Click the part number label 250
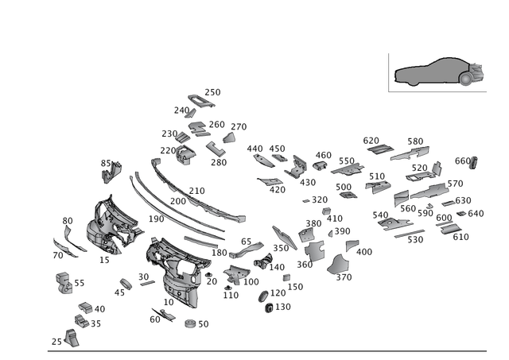click(x=212, y=92)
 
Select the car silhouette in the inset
click(x=438, y=72)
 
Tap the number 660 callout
click(x=463, y=161)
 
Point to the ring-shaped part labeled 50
click(x=190, y=323)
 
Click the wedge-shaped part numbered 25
click(x=72, y=338)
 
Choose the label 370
click(x=344, y=277)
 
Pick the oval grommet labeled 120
click(x=263, y=296)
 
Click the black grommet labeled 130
click(x=269, y=308)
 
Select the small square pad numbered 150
click(x=286, y=277)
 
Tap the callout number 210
click(x=196, y=191)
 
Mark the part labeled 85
click(x=111, y=172)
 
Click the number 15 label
click(x=104, y=260)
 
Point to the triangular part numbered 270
click(x=229, y=137)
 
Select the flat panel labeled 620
click(x=380, y=149)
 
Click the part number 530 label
click(x=415, y=240)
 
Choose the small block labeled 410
click(x=326, y=211)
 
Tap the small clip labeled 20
click(x=208, y=275)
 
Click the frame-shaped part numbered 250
click(x=201, y=101)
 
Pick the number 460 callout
click(x=324, y=155)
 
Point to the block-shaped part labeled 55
click(x=64, y=283)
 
